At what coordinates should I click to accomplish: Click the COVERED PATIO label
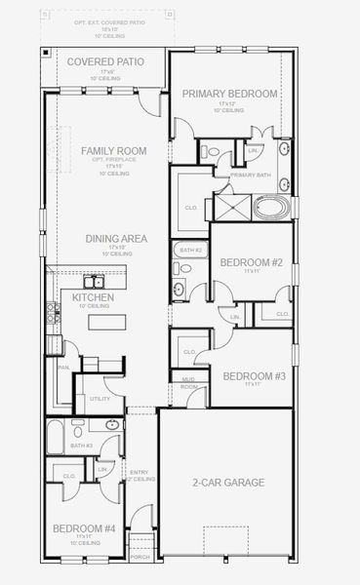point(105,61)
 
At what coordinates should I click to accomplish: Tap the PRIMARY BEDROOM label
point(230,94)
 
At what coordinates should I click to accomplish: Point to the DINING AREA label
point(117,237)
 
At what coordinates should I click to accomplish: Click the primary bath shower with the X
point(233,207)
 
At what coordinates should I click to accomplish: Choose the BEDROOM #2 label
point(251,262)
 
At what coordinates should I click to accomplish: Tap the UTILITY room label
point(100,399)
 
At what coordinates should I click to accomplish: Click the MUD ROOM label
point(188,383)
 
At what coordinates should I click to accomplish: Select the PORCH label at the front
point(140,558)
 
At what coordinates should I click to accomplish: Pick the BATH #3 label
point(81,446)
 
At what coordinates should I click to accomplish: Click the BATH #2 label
point(190,251)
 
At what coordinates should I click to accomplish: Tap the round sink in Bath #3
point(112,425)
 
